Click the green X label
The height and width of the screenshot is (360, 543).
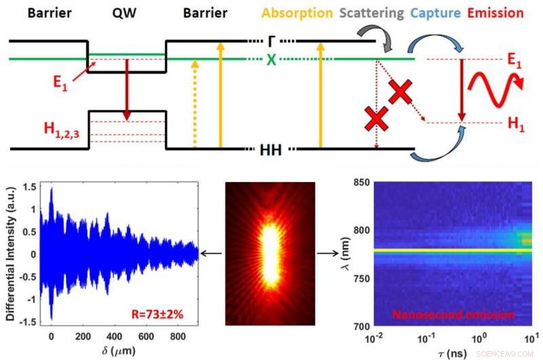tap(271, 59)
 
